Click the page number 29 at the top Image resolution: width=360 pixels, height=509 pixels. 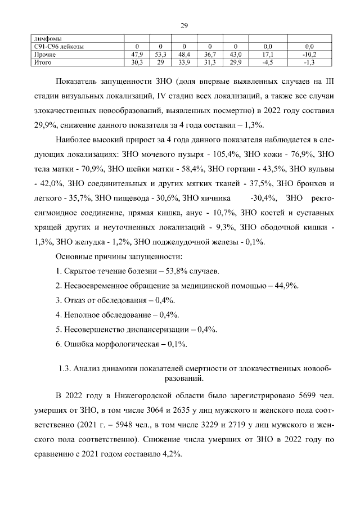[183, 25]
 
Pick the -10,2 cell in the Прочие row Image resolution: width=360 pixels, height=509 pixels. [309, 55]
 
